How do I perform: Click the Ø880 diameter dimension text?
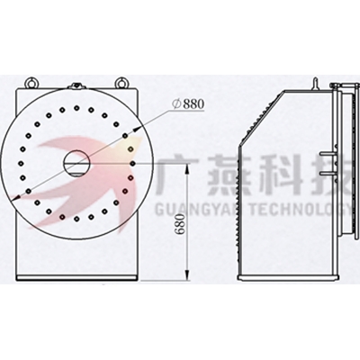point(188,104)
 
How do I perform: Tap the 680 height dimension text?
point(181,223)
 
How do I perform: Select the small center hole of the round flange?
point(76,164)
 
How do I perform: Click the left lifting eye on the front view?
point(31,83)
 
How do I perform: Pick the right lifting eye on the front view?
point(121,83)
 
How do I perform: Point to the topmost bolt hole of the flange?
point(76,108)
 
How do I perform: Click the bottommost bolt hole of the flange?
point(76,219)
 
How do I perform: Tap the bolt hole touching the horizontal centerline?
point(133,163)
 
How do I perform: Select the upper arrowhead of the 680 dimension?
point(187,168)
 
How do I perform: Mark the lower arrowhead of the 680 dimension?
point(187,274)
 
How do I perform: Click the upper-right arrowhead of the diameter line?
point(137,130)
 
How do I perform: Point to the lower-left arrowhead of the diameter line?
point(14,198)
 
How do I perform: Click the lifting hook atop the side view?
point(315,84)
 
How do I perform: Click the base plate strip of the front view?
point(77,278)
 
